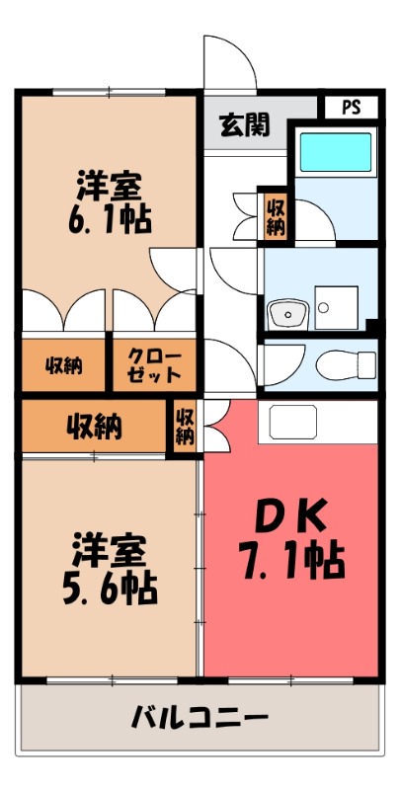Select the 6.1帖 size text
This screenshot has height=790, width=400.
tap(110, 218)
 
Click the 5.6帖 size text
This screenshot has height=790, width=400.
tap(110, 591)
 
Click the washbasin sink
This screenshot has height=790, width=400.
tap(286, 314)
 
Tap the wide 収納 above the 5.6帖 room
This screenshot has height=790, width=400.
tap(94, 426)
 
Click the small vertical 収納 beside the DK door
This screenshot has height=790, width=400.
tap(186, 427)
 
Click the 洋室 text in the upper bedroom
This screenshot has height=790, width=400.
tap(110, 185)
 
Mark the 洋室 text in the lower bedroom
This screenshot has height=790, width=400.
tap(110, 550)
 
